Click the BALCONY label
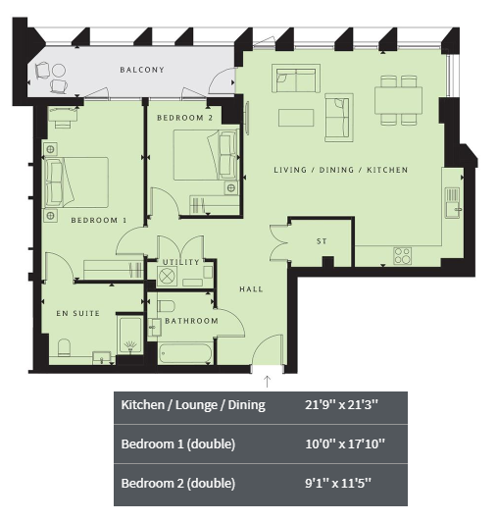coord(142,70)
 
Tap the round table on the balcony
coord(59,71)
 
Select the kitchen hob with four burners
coord(402,256)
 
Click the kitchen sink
coord(453,203)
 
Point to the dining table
coord(398,100)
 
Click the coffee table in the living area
coord(296,118)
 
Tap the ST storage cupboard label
coord(322,241)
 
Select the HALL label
coord(251,289)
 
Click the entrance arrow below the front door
coord(268,382)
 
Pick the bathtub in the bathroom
coord(185,353)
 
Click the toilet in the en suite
coord(64,347)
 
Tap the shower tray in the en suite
coord(130,335)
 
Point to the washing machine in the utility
coord(167,276)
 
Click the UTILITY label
coord(181,262)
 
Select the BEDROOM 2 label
coord(185,118)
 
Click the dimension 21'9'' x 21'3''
coord(341,405)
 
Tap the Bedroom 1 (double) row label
coord(178,443)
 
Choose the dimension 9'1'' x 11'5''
coord(338,483)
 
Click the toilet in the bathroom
coord(166,306)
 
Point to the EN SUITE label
coord(78,313)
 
